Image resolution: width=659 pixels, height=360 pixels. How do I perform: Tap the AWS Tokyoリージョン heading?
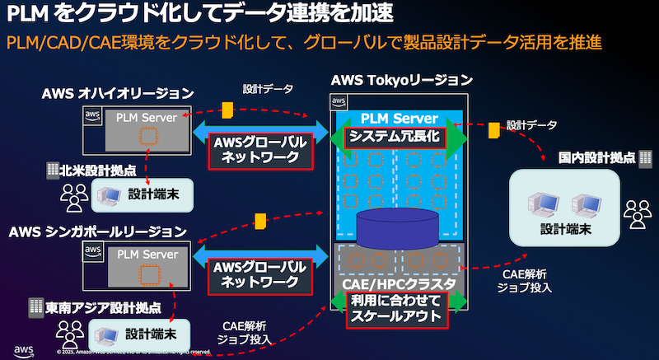pyautogui.click(x=401, y=81)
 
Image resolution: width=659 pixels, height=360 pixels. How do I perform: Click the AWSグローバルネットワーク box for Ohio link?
pyautogui.click(x=260, y=150)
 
